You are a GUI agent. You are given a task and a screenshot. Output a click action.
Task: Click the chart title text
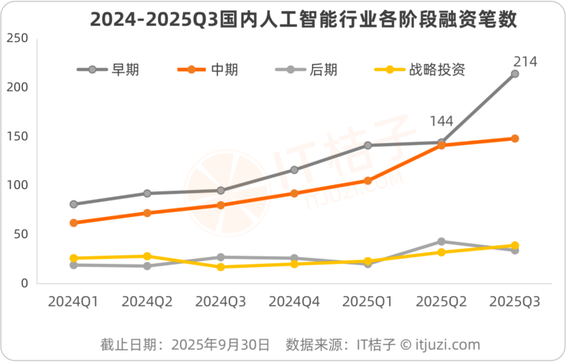[x=303, y=19]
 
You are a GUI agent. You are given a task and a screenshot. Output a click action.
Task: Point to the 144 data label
[x=442, y=121]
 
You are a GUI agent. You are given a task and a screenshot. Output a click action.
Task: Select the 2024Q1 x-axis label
[x=73, y=302]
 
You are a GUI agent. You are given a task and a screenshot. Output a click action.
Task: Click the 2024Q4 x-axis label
[x=294, y=302]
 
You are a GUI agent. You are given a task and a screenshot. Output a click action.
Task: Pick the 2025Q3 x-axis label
[x=514, y=302]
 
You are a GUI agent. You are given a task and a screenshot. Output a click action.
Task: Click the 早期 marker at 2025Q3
[x=515, y=74]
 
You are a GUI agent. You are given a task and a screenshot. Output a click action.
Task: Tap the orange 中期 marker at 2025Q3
[x=515, y=139]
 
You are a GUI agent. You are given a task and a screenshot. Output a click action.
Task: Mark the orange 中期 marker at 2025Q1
[x=368, y=181]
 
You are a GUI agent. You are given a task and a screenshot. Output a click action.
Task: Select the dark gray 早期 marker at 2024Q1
[x=73, y=204]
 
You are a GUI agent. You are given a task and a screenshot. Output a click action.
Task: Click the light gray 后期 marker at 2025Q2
[x=442, y=242]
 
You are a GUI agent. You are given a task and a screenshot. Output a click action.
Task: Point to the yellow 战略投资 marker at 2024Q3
[x=220, y=267]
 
